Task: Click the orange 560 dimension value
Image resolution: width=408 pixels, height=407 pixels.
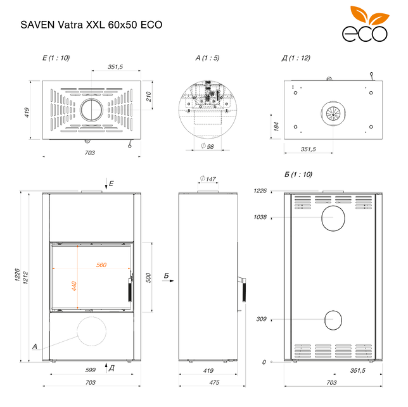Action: (x=101, y=265)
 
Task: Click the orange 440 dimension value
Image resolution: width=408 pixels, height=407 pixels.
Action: (x=74, y=286)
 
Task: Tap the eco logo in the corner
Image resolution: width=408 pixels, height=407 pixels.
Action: (x=365, y=24)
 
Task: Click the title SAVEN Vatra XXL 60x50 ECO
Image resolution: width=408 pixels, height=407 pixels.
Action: (x=91, y=25)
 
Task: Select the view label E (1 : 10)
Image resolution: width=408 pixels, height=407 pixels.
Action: (x=56, y=58)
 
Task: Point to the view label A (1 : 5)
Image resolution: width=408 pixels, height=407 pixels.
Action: (x=207, y=58)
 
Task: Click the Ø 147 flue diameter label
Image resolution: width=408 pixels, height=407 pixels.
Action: (x=208, y=178)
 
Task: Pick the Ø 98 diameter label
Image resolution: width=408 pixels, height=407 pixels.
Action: (x=207, y=146)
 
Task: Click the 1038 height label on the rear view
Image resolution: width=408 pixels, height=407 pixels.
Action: (x=260, y=217)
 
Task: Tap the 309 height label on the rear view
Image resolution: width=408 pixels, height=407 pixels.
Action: (x=261, y=319)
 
